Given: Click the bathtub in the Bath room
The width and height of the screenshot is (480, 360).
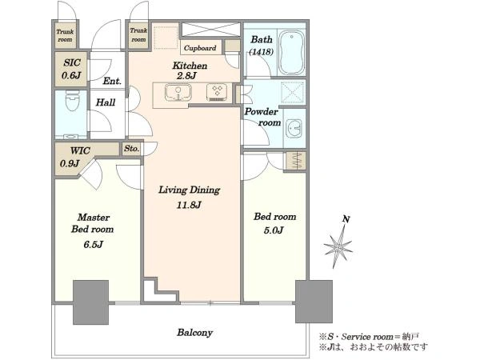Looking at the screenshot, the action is click(x=292, y=52).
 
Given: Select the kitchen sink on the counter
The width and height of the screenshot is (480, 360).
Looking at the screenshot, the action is click(x=178, y=92).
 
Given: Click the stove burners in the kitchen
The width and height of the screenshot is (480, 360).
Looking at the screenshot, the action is click(x=217, y=92).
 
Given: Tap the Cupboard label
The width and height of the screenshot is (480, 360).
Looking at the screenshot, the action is click(x=200, y=48).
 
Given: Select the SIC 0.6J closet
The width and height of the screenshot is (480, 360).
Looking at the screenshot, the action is click(x=71, y=69).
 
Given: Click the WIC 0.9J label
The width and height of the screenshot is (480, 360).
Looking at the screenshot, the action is click(x=74, y=157).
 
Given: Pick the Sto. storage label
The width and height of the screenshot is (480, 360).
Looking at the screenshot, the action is click(x=132, y=149).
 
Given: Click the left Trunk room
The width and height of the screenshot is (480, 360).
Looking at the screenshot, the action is click(x=66, y=35).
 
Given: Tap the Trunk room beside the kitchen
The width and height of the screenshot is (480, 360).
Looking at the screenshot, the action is click(x=138, y=35).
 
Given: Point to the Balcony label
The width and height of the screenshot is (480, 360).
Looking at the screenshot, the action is click(x=194, y=333).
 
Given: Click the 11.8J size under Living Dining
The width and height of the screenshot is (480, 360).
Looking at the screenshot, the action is click(x=189, y=205).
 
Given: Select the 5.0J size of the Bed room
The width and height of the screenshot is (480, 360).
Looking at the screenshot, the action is click(x=274, y=230).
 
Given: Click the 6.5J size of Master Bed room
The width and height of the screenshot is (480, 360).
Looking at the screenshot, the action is click(x=93, y=244).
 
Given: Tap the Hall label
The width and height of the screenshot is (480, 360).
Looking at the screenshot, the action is click(x=106, y=102).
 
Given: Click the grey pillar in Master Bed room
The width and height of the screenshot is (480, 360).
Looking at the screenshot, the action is click(x=91, y=302).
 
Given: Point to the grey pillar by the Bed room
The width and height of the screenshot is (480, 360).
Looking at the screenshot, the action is click(x=314, y=302).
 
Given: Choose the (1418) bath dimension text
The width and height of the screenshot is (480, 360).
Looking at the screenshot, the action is click(x=261, y=52).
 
